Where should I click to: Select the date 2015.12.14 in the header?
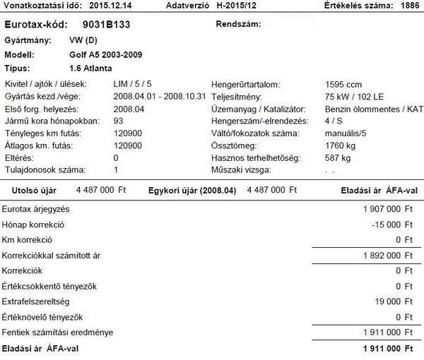pos(114,6)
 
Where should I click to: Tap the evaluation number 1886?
pos(408,6)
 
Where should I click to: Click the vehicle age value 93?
pos(118,122)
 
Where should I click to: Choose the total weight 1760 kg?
pos(338,145)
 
